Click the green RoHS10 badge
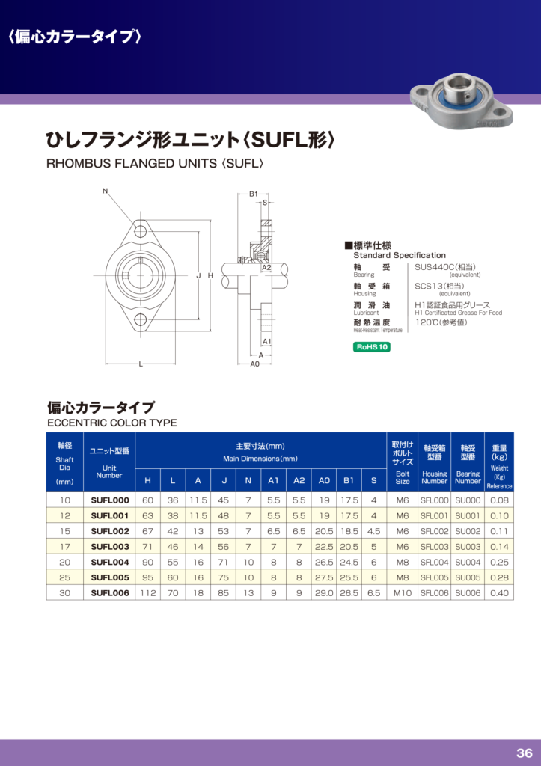tap(371, 347)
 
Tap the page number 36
tap(525, 753)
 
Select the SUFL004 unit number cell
tap(110, 563)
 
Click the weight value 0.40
tap(499, 593)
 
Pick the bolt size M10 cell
tap(403, 593)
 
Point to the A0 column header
tap(324, 481)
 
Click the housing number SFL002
tap(434, 531)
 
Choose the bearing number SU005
tap(468, 577)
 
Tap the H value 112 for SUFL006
tap(148, 593)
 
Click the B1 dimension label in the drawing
tap(253, 194)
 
